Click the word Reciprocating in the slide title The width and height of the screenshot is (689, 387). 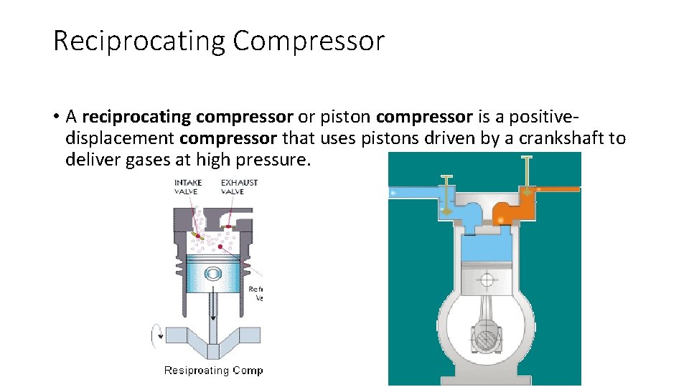tap(139, 41)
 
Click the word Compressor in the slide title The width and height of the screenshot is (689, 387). tap(309, 41)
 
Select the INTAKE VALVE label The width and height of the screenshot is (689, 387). tap(188, 186)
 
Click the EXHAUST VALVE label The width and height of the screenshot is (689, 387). tap(239, 186)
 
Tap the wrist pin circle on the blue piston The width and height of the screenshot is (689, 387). tap(212, 274)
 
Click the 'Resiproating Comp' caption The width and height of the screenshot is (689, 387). tap(213, 371)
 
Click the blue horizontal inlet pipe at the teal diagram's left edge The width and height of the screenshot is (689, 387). tap(413, 192)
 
